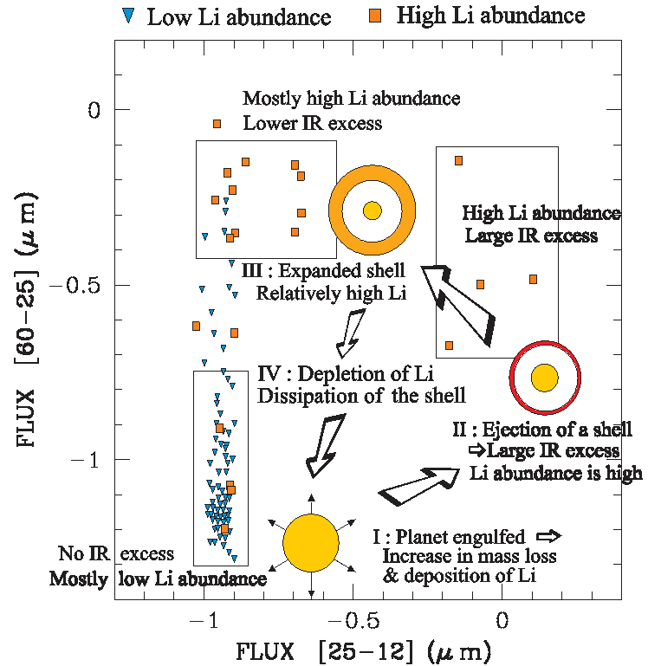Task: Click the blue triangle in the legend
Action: pyautogui.click(x=130, y=16)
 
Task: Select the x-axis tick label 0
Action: pyautogui.click(x=501, y=620)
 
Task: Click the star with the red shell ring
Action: pyautogui.click(x=545, y=378)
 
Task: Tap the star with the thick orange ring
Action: pyautogui.click(x=373, y=210)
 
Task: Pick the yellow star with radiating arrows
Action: pyautogui.click(x=310, y=542)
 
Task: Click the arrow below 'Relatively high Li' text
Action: pyautogui.click(x=351, y=333)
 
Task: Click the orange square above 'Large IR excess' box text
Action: pyautogui.click(x=458, y=160)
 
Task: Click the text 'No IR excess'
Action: pyautogui.click(x=116, y=554)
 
